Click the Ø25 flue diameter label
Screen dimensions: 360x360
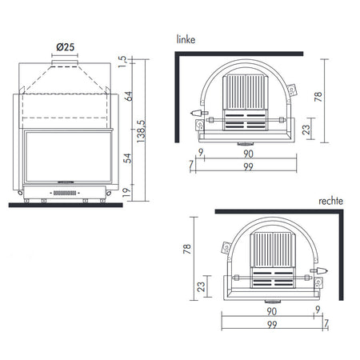66,47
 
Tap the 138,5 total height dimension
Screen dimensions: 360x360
141,131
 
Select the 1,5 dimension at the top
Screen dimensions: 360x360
122,62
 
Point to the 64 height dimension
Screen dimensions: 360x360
128,96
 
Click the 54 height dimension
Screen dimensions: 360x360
128,158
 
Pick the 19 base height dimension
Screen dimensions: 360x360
126,192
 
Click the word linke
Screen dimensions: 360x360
186,39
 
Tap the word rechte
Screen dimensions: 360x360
330,201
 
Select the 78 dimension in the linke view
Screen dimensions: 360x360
318,97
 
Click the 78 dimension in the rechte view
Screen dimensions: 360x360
187,249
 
